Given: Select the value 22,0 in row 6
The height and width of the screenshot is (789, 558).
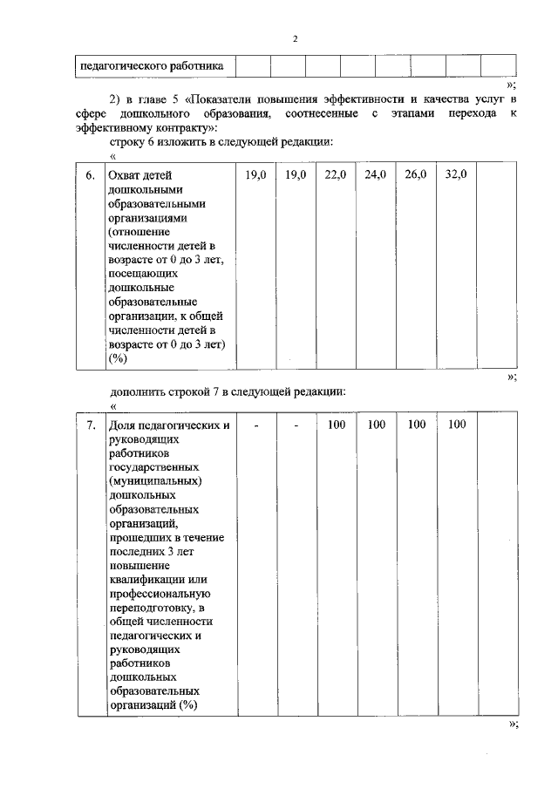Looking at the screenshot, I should click(x=336, y=175).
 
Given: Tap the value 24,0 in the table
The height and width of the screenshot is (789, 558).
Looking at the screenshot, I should click(x=376, y=175).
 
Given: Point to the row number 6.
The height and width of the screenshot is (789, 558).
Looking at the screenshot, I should click(x=91, y=175).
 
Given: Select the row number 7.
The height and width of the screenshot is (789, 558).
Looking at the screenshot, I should click(x=91, y=425).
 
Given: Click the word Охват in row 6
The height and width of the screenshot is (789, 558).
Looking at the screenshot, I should click(x=123, y=175).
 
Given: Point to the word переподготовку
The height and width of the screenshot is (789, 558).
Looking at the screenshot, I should click(x=153, y=607).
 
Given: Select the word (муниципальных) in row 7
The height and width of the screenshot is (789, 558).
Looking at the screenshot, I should click(x=156, y=481).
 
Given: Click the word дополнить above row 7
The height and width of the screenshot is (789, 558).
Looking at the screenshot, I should click(x=140, y=391).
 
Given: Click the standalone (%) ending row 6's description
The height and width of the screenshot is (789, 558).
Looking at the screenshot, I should click(x=118, y=358).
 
